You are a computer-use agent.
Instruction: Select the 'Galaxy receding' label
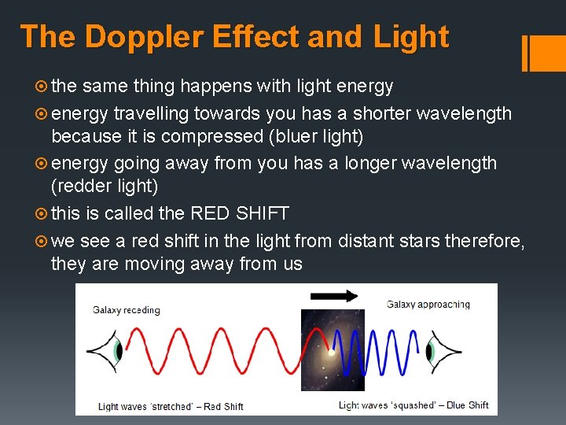[126, 309]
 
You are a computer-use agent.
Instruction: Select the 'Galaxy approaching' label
[428, 305]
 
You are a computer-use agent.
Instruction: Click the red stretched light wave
[212, 350]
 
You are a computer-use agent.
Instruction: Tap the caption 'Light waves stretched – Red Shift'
[171, 406]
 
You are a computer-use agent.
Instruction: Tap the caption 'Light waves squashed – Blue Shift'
[413, 405]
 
